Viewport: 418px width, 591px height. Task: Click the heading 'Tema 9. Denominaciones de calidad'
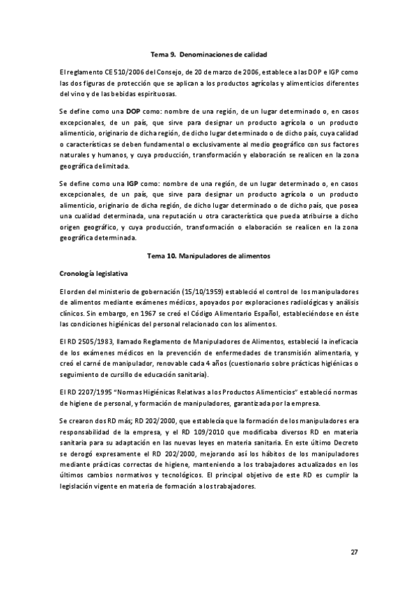(209, 54)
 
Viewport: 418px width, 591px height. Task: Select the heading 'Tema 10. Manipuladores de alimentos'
(209, 256)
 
